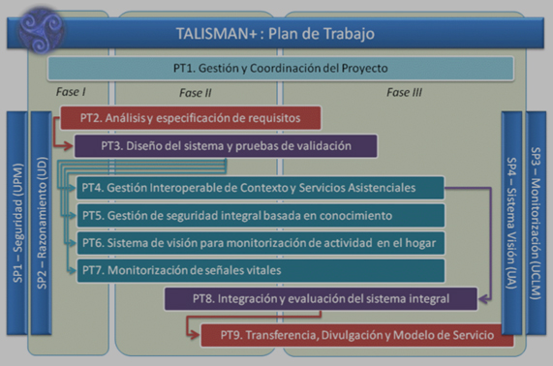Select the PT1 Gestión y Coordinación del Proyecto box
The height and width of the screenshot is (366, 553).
279,69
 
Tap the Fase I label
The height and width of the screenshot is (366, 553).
72,92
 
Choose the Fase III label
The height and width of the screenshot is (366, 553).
406,93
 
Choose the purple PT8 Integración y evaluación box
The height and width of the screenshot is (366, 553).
321,299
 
